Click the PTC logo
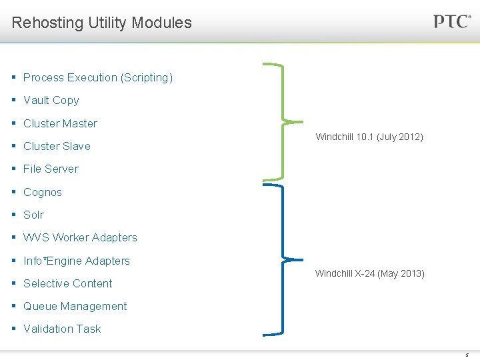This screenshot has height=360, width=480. [452, 21]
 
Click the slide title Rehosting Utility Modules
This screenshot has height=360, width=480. [101, 23]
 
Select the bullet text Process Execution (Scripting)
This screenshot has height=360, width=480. [97, 77]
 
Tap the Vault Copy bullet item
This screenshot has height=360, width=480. [51, 100]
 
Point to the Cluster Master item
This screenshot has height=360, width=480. [60, 123]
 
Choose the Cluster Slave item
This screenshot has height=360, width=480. [57, 146]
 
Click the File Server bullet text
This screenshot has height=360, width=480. [51, 169]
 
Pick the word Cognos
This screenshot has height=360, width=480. [43, 192]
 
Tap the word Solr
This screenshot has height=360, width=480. [33, 215]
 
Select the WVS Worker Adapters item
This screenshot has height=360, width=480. [80, 237]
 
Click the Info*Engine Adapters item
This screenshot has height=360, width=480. [77, 261]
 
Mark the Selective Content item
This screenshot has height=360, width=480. [67, 283]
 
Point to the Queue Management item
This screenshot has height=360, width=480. [75, 306]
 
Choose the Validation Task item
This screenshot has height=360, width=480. [62, 329]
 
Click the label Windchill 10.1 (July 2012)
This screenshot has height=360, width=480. [369, 137]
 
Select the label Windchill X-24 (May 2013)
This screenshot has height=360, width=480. [369, 273]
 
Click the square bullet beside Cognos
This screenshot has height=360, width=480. [14, 192]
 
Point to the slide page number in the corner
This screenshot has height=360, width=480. [467, 355]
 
